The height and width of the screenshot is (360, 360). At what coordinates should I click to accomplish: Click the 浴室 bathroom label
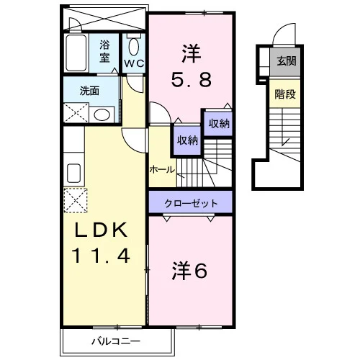point(104,51)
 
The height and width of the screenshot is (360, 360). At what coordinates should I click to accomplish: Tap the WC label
point(134,63)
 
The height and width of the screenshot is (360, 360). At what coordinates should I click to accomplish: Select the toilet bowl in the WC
point(134,47)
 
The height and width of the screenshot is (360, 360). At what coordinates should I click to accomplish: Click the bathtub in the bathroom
point(76,53)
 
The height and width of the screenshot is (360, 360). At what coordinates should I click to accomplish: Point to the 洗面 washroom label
point(89,91)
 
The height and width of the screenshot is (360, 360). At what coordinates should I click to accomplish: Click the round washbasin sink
point(102,114)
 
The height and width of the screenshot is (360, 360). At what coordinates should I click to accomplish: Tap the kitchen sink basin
point(73,173)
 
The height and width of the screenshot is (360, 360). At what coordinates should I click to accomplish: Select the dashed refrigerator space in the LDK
point(76,200)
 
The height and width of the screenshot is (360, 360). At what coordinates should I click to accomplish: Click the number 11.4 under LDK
point(101,256)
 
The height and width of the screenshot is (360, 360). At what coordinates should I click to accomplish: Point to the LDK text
point(102,230)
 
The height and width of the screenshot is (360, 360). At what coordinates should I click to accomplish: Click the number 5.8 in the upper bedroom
point(192,80)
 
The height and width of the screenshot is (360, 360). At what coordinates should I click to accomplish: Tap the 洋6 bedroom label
point(189,271)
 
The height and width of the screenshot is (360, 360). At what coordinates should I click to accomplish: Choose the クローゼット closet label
point(191,204)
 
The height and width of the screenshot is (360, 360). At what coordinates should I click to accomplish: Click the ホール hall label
point(162,170)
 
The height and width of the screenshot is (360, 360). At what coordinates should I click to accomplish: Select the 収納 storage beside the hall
point(187,140)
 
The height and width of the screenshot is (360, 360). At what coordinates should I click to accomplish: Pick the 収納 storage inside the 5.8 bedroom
point(218,123)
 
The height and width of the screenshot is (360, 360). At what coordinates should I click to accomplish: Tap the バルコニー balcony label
point(116,341)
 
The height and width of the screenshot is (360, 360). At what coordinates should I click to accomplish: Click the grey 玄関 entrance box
point(285,61)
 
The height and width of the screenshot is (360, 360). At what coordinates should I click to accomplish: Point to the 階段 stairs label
point(285,94)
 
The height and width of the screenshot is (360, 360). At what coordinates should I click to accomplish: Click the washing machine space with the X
point(76,112)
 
